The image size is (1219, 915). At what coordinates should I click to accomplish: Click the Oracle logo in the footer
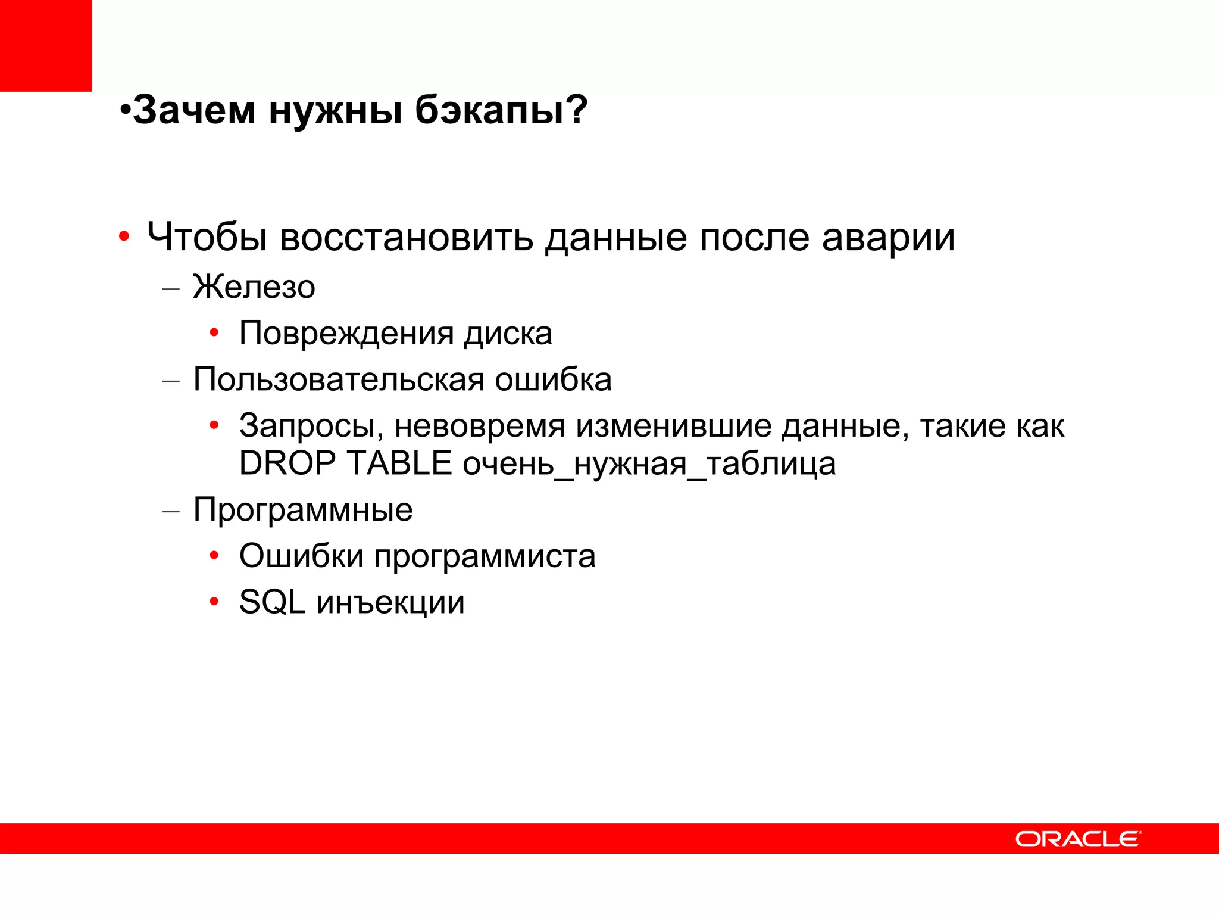[1078, 839]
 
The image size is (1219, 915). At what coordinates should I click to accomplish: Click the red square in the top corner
[46, 45]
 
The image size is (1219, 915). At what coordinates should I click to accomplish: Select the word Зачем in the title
[194, 110]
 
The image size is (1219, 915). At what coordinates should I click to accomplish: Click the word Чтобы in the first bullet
[207, 237]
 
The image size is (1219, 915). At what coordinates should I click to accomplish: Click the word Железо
[254, 287]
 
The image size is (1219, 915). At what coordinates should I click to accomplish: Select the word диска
[508, 333]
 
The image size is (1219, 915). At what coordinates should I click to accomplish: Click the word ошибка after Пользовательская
[553, 379]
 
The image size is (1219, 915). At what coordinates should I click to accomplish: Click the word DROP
[287, 463]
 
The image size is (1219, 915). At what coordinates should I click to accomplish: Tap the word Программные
[303, 510]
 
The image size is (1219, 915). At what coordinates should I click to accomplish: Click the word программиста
[485, 556]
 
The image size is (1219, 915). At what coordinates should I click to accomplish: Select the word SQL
[273, 602]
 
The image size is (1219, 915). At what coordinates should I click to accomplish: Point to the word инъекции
[390, 603]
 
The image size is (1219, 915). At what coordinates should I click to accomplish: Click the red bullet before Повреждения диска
[214, 333]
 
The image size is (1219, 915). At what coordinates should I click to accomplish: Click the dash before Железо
[171, 289]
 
